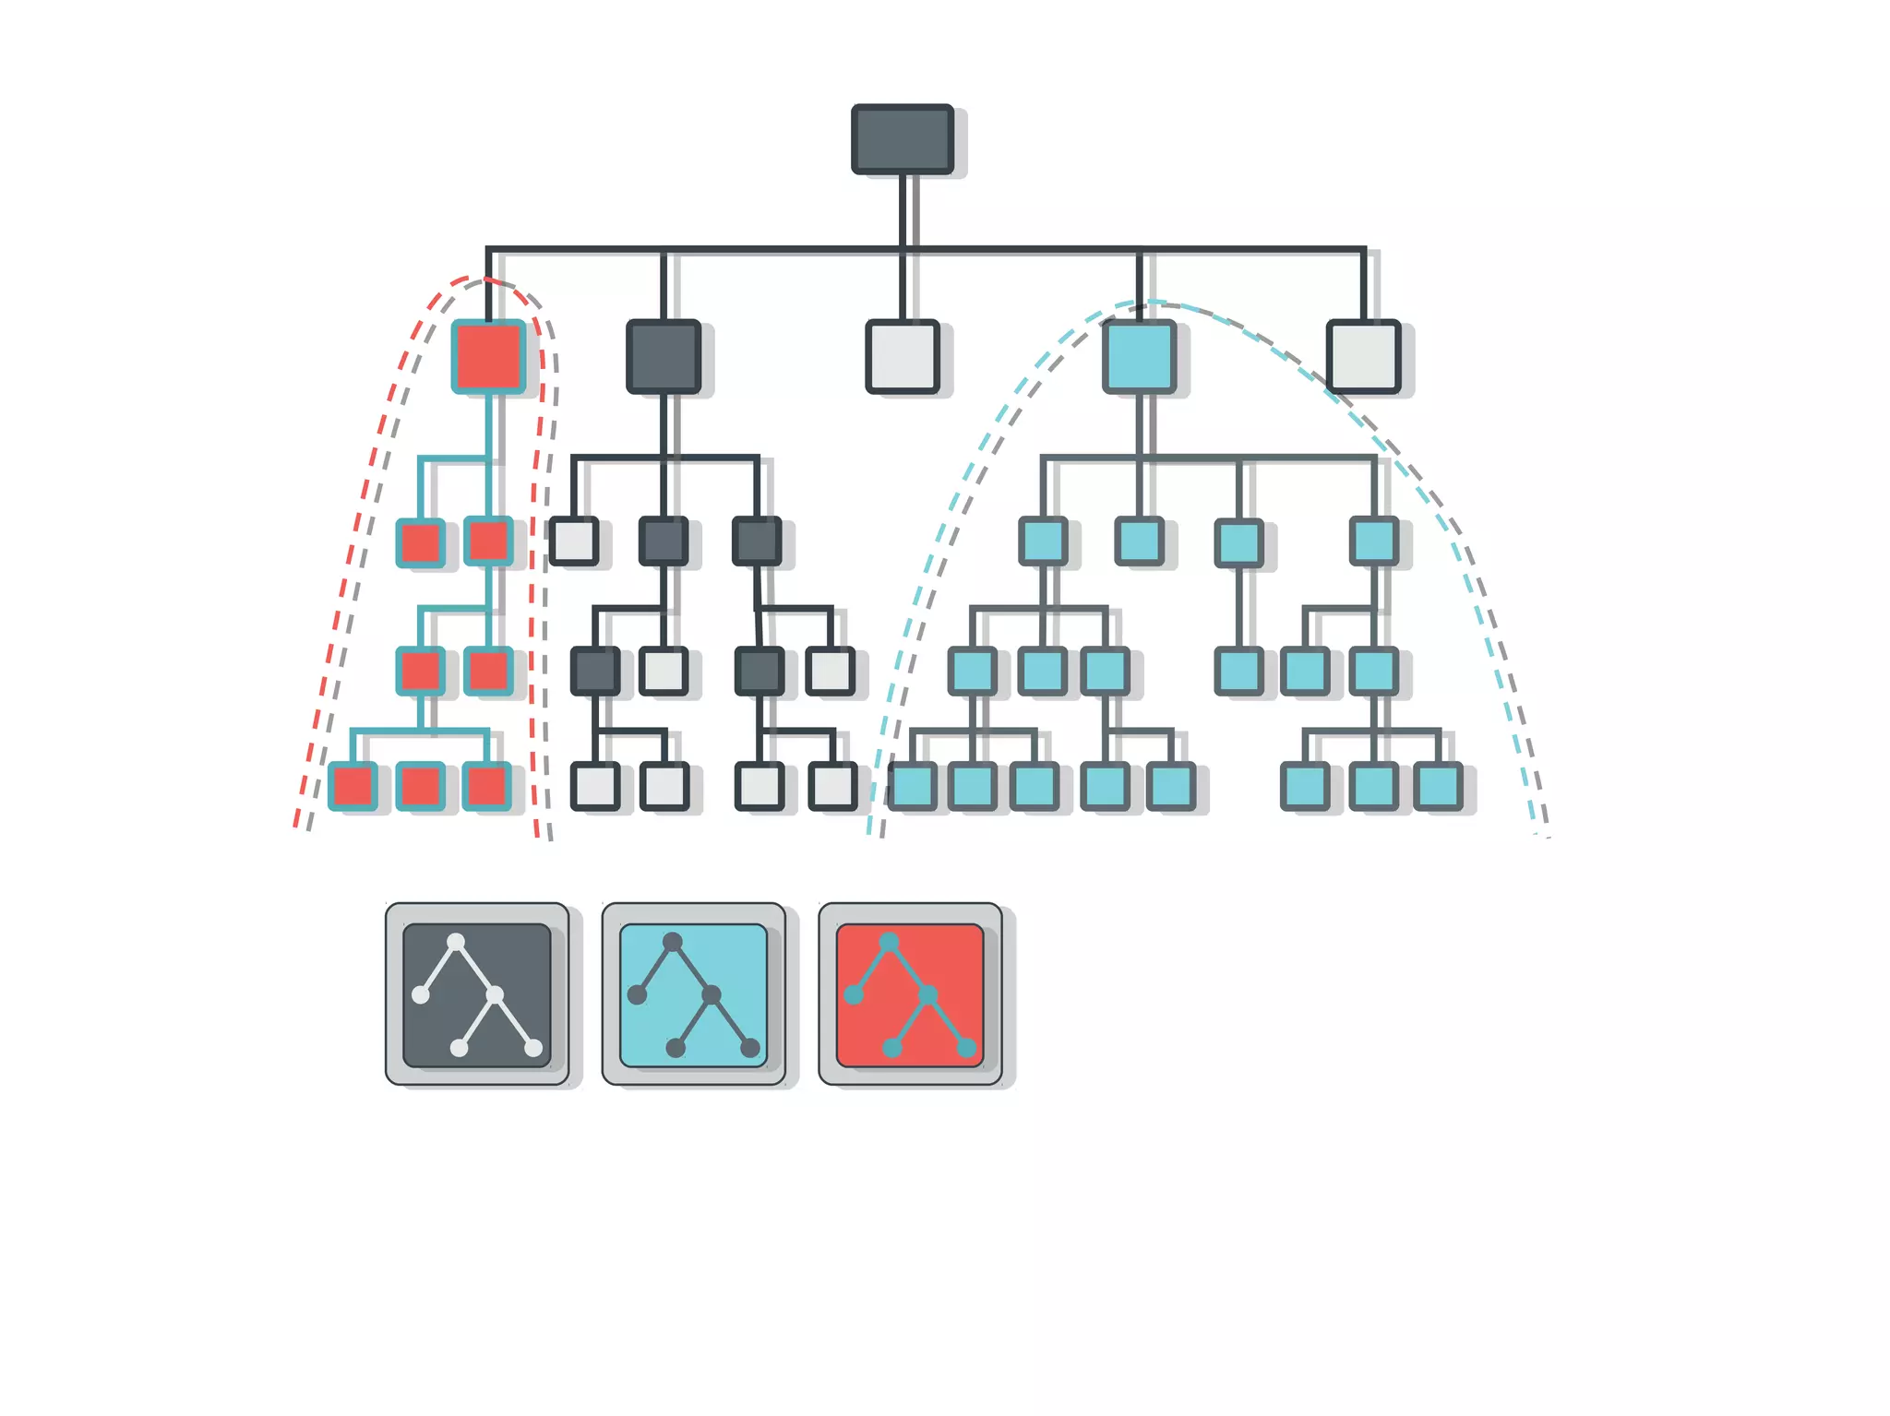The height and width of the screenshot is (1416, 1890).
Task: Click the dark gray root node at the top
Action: click(x=902, y=139)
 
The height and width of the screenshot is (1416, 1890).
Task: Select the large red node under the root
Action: click(x=488, y=357)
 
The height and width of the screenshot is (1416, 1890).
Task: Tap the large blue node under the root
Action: click(x=1139, y=357)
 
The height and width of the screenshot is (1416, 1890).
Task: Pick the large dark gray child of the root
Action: click(x=663, y=357)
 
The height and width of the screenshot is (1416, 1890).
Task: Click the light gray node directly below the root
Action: click(x=902, y=357)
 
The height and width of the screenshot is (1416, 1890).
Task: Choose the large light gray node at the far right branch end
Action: click(x=1363, y=357)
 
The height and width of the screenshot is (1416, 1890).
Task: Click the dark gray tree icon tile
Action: click(x=476, y=994)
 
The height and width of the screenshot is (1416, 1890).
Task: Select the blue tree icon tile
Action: click(x=693, y=994)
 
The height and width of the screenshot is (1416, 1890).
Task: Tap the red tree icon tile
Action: click(x=910, y=994)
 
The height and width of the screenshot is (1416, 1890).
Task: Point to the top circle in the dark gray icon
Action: click(x=456, y=942)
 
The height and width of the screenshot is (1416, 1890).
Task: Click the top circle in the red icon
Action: click(x=889, y=942)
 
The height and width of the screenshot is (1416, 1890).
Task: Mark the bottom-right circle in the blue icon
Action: click(x=750, y=1048)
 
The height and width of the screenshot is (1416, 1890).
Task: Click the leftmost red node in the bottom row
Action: click(x=353, y=787)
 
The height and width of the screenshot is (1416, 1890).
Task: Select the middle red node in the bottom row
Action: click(x=420, y=787)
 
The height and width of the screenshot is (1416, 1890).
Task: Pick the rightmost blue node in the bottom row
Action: click(x=1438, y=787)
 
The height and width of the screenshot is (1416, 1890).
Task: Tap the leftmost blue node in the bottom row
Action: click(x=913, y=787)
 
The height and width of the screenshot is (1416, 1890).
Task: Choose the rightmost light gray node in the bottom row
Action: click(x=832, y=787)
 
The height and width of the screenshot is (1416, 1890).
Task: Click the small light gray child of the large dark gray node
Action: click(x=573, y=541)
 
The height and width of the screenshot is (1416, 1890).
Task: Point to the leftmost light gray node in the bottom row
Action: click(x=595, y=787)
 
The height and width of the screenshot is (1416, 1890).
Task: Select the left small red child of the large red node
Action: click(x=420, y=541)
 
